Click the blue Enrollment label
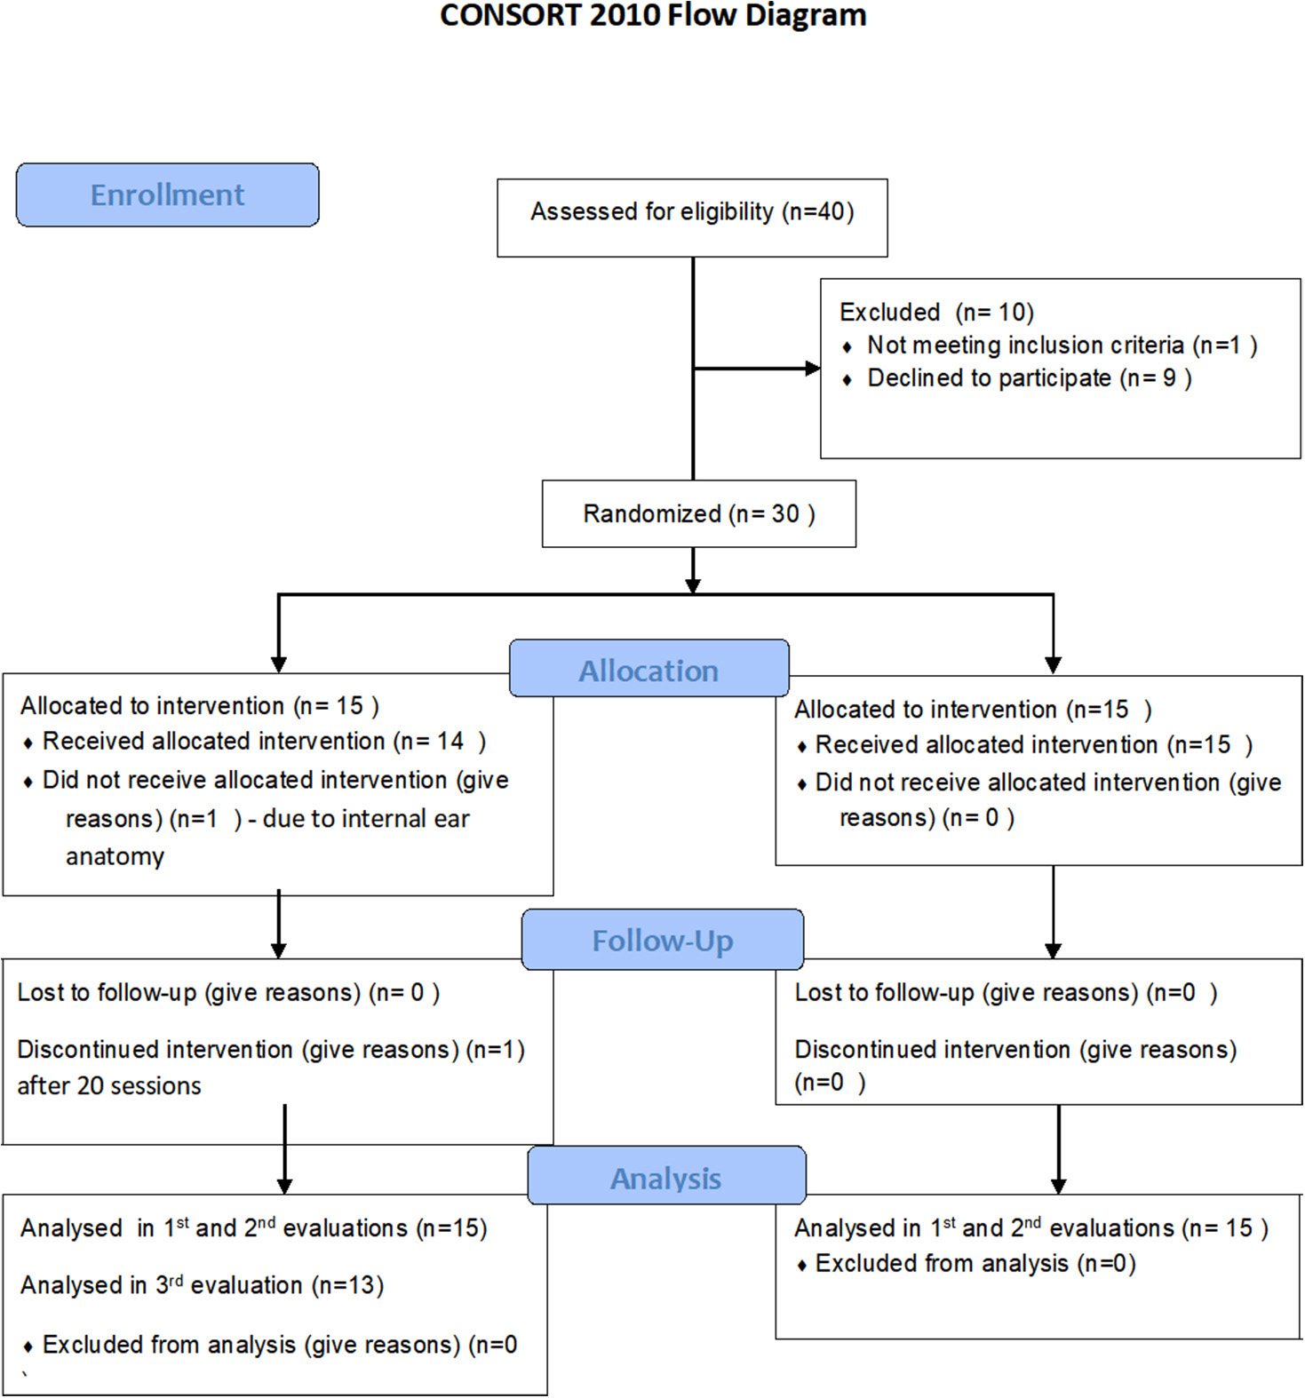pos(167,195)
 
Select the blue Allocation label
pos(649,671)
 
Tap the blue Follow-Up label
pos(663,941)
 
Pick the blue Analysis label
pos(666,1178)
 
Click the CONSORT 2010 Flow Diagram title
pos(653,15)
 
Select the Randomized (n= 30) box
pos(698,513)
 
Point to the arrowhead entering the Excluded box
pos(812,368)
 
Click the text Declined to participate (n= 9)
pos(1029,378)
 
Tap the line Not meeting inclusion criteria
pos(1062,346)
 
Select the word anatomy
pos(115,857)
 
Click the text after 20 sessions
pos(109,1086)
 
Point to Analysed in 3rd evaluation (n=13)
pos(202,1285)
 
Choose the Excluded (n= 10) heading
pos(936,313)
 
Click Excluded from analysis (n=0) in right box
pos(975,1264)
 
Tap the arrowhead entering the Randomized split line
pos(693,585)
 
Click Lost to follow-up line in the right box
pos(1005,993)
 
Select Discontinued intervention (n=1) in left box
pos(270,1050)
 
